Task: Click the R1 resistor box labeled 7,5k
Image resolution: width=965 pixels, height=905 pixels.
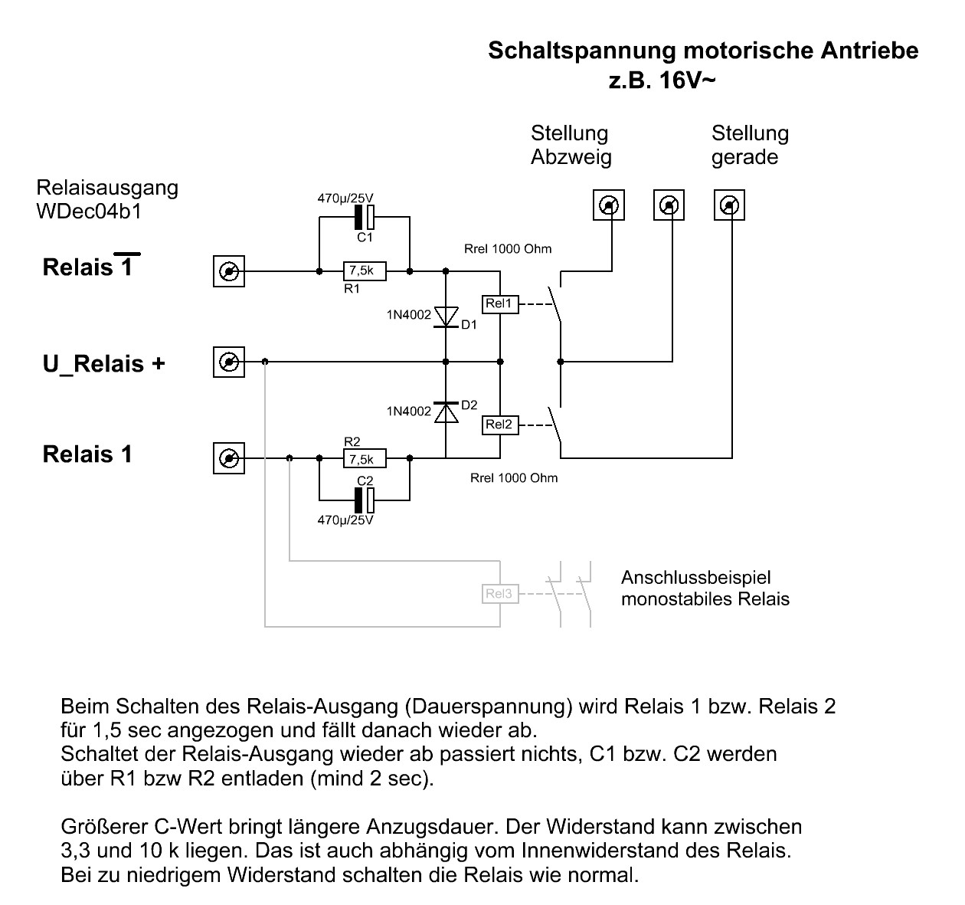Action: click(x=365, y=271)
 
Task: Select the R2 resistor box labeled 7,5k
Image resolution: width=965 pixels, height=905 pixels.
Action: click(x=365, y=458)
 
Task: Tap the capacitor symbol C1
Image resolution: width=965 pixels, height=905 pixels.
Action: click(x=365, y=217)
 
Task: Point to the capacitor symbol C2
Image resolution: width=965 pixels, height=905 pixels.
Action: click(x=365, y=500)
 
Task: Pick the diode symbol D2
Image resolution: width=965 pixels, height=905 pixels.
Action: click(x=446, y=412)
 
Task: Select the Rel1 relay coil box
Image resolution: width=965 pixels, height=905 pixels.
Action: click(x=500, y=304)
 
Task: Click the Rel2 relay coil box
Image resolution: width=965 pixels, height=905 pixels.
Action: click(x=500, y=425)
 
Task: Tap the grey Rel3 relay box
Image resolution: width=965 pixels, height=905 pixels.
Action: click(x=500, y=594)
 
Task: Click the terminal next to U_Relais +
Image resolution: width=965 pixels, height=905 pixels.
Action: click(x=229, y=362)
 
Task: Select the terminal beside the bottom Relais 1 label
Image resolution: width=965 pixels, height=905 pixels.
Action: click(x=229, y=458)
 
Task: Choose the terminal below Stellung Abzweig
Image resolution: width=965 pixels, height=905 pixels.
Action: click(x=608, y=205)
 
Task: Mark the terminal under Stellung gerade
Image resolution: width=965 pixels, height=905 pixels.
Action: click(x=729, y=205)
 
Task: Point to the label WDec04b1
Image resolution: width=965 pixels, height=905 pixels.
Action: click(x=89, y=211)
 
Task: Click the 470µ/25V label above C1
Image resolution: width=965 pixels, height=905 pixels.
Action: click(x=345, y=198)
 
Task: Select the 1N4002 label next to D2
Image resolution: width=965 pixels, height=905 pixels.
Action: click(x=409, y=412)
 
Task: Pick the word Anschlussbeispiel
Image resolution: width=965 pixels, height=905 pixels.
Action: click(x=696, y=578)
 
